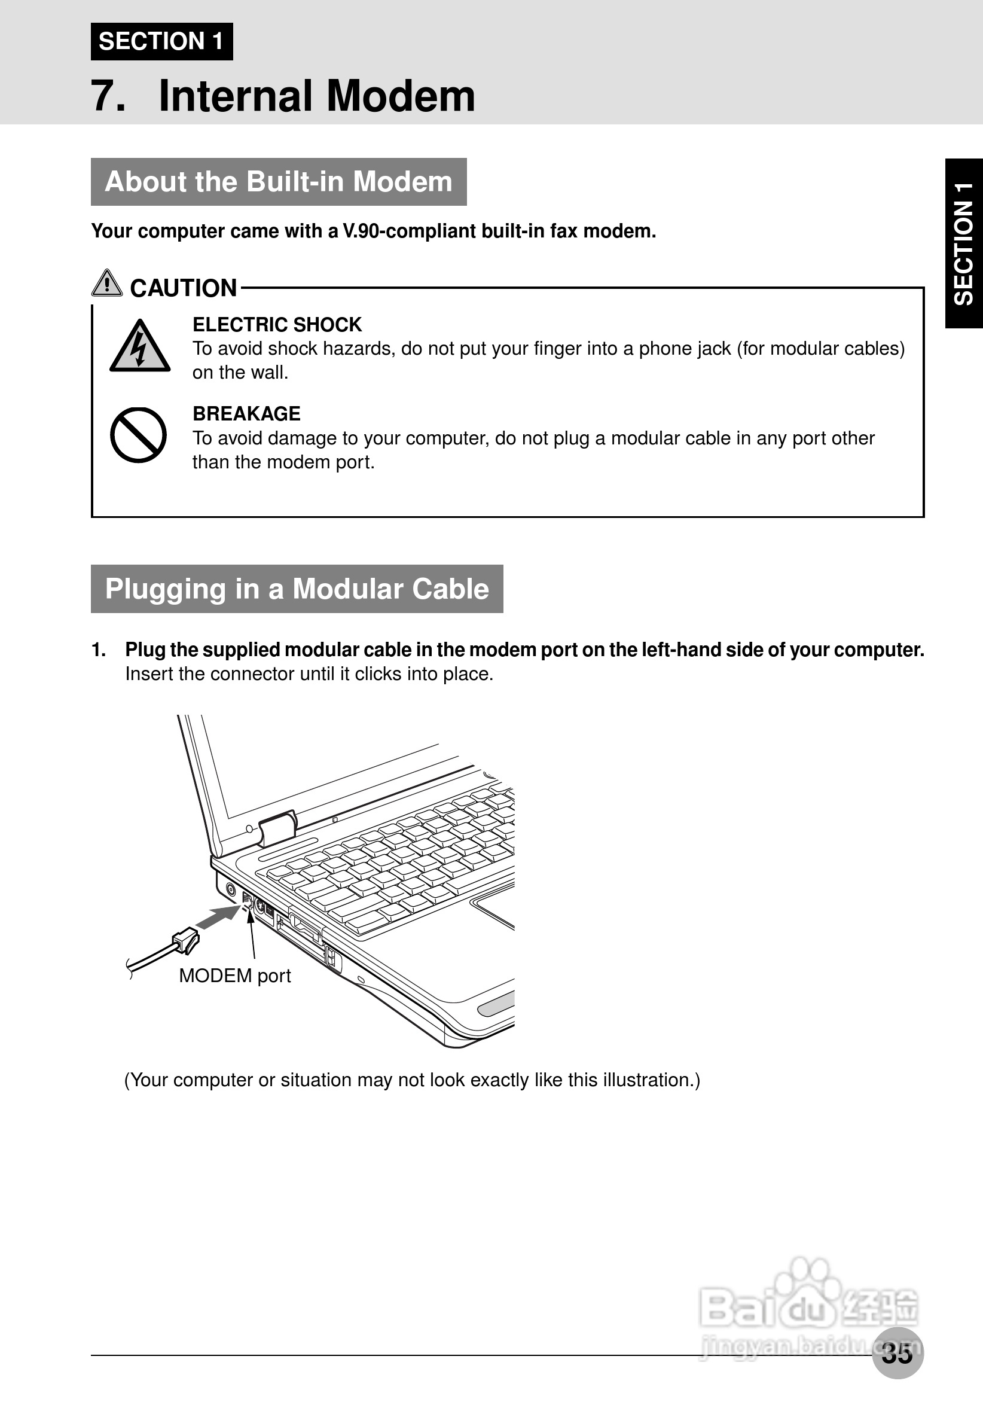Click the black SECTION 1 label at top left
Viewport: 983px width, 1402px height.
coord(162,41)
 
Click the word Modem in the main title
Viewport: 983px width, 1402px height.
coord(401,96)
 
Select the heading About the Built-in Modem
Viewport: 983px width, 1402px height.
coord(279,182)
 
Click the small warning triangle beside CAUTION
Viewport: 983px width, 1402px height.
coord(107,284)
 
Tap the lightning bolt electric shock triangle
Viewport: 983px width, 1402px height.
coord(140,347)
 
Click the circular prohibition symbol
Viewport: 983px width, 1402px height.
coord(138,435)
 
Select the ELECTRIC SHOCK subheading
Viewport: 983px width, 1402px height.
coord(277,324)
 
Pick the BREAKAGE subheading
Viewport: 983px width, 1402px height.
coord(247,413)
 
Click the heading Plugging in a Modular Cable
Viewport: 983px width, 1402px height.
coord(297,589)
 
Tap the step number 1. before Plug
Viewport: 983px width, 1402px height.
coord(99,650)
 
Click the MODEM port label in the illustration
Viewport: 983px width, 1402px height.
coord(235,976)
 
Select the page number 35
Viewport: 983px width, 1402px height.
coord(897,1353)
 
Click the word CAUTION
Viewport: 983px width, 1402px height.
coord(183,288)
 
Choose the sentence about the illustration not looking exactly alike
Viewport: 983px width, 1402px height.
coord(412,1080)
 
